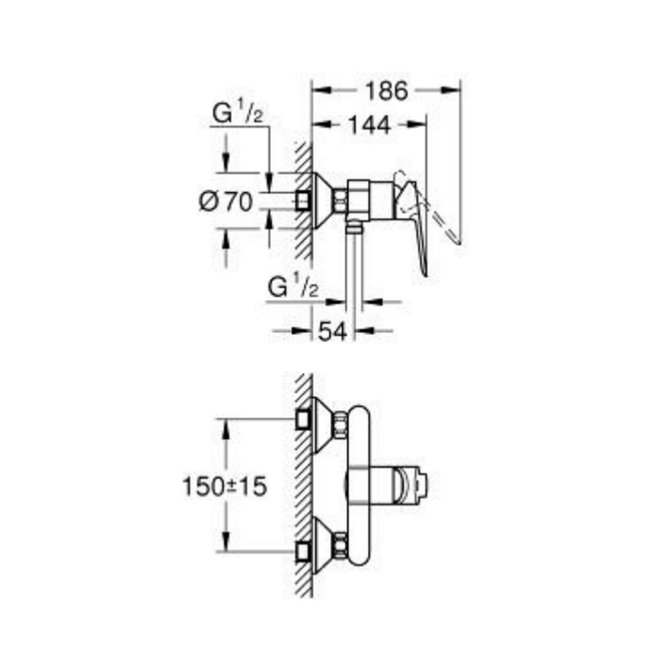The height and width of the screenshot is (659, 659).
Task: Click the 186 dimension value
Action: [x=387, y=91]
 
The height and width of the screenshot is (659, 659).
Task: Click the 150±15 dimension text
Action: [x=224, y=488]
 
